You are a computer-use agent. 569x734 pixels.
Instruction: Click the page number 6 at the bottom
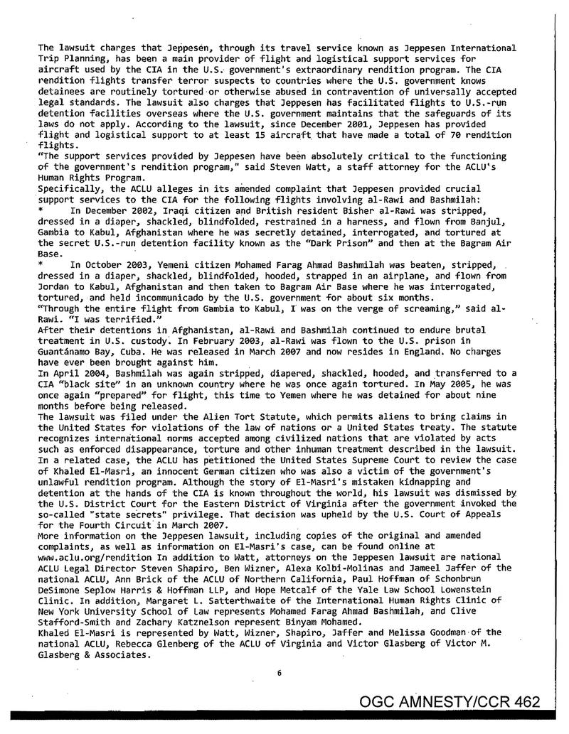coord(280,674)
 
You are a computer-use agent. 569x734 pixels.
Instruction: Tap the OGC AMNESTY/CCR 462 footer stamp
coord(450,703)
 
